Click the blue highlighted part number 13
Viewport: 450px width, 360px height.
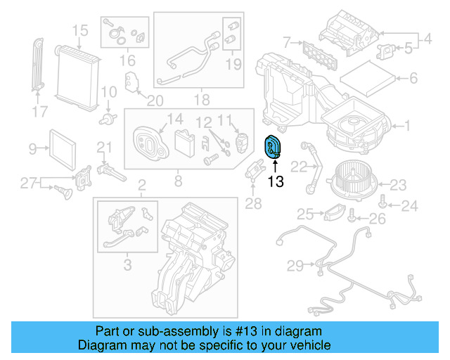(271, 147)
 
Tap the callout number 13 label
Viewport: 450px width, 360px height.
(276, 182)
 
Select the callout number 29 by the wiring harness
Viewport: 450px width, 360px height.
(295, 265)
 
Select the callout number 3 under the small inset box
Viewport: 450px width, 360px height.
(127, 265)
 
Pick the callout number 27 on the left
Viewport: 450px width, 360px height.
(27, 184)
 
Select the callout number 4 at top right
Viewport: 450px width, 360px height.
(427, 40)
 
